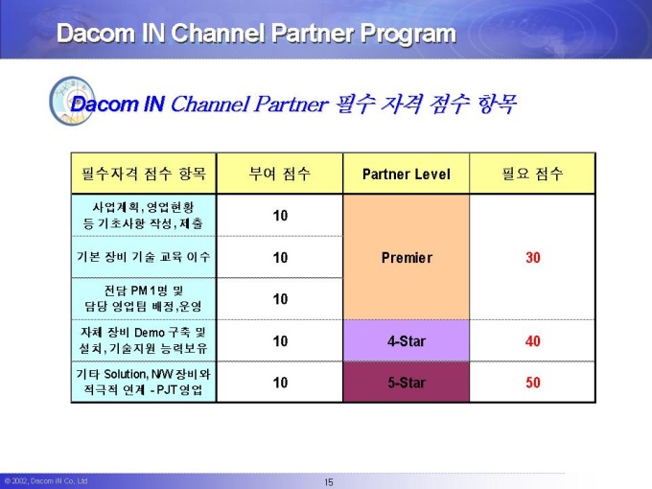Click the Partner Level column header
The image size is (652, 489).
tap(407, 174)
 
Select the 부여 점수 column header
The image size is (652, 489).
tap(280, 174)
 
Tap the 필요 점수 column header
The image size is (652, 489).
tap(533, 174)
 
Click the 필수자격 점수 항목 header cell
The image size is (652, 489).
tap(144, 174)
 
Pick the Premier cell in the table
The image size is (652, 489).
tap(407, 257)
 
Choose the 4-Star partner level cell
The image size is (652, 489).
tap(407, 341)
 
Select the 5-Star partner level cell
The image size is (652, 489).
tap(407, 383)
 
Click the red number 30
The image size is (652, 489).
tap(533, 257)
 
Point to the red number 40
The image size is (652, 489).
tap(533, 341)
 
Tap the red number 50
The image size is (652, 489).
tap(533, 383)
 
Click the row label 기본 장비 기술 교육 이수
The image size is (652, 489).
tap(144, 257)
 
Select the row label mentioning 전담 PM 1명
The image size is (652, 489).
tap(144, 298)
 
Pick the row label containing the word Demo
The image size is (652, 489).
tap(144, 340)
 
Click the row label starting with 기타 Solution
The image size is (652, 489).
tap(144, 382)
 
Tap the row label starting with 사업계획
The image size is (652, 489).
tap(144, 215)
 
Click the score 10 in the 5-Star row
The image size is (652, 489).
tap(280, 383)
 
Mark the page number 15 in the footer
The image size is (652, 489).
tap(329, 482)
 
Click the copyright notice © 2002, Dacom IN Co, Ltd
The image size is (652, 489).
tap(46, 481)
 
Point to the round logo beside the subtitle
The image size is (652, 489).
tap(72, 101)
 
